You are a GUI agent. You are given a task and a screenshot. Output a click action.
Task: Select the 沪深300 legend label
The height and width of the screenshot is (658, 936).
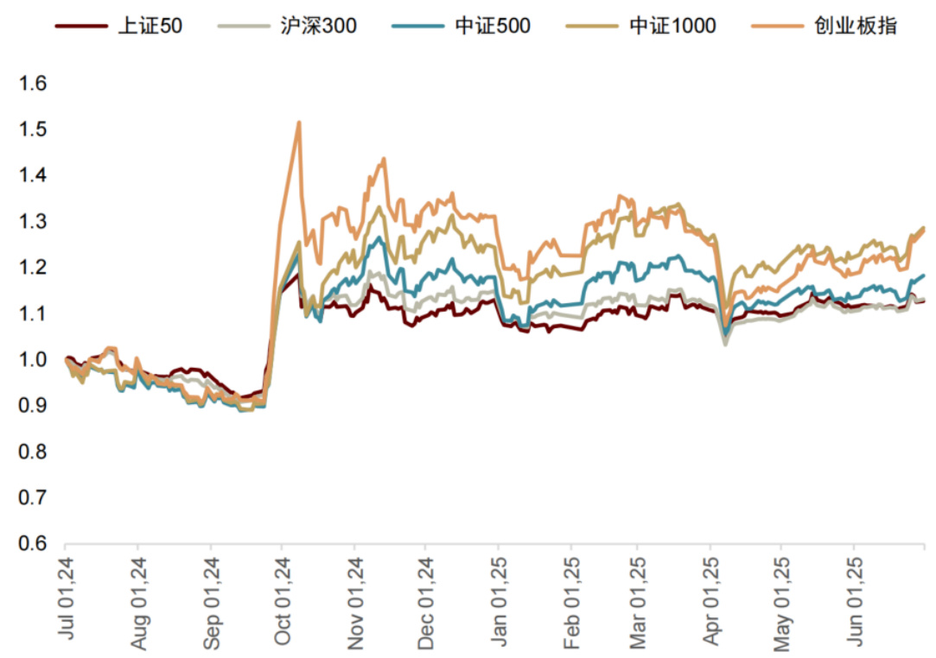[318, 26]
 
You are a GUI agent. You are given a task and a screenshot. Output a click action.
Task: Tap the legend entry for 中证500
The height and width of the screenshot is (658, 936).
[493, 26]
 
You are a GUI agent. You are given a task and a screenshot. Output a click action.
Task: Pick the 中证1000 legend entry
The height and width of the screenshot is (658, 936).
[672, 26]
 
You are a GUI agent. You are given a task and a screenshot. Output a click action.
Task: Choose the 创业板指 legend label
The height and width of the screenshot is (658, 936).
[855, 26]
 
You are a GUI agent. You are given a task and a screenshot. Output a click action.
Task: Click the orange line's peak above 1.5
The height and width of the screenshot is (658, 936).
[299, 123]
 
